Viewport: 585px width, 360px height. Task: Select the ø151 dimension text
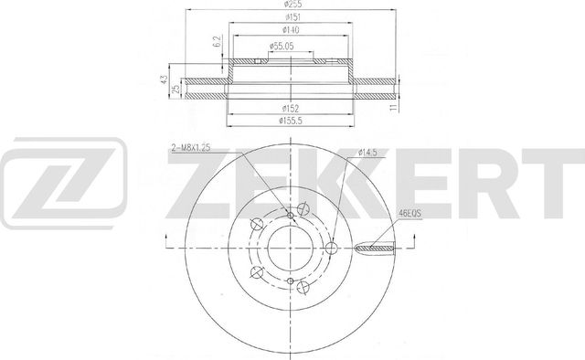tap(292, 17)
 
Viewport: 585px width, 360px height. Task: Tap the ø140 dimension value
tap(292, 29)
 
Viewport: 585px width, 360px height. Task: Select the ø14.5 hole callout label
tap(367, 152)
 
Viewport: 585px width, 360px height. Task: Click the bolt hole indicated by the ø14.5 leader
tap(332, 245)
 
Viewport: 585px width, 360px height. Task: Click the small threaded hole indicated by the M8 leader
tap(292, 215)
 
